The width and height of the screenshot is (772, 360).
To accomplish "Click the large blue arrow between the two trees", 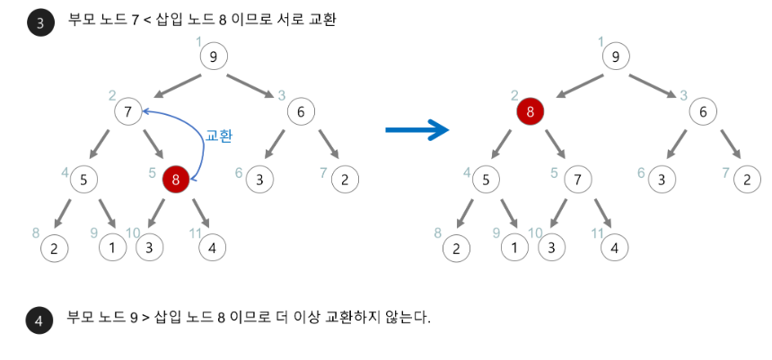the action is (x=417, y=131).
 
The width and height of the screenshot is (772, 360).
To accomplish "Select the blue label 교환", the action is (x=219, y=136).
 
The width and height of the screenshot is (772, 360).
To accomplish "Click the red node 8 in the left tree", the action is (x=176, y=180).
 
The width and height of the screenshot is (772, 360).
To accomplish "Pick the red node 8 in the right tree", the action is (x=531, y=112).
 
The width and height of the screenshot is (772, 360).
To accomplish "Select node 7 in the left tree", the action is (x=128, y=112).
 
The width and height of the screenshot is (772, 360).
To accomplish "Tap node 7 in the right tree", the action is (x=578, y=180).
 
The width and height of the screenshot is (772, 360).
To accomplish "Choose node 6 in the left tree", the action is (x=301, y=112).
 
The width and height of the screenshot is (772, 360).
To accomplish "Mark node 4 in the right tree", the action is (x=614, y=247).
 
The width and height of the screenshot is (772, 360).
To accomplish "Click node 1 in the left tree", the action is (x=112, y=247).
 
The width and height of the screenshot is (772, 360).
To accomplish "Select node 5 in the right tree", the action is (x=486, y=180).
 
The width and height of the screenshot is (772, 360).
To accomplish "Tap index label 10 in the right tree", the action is (x=535, y=233).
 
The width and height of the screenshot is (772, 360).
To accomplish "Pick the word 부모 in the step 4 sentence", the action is (x=79, y=318).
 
